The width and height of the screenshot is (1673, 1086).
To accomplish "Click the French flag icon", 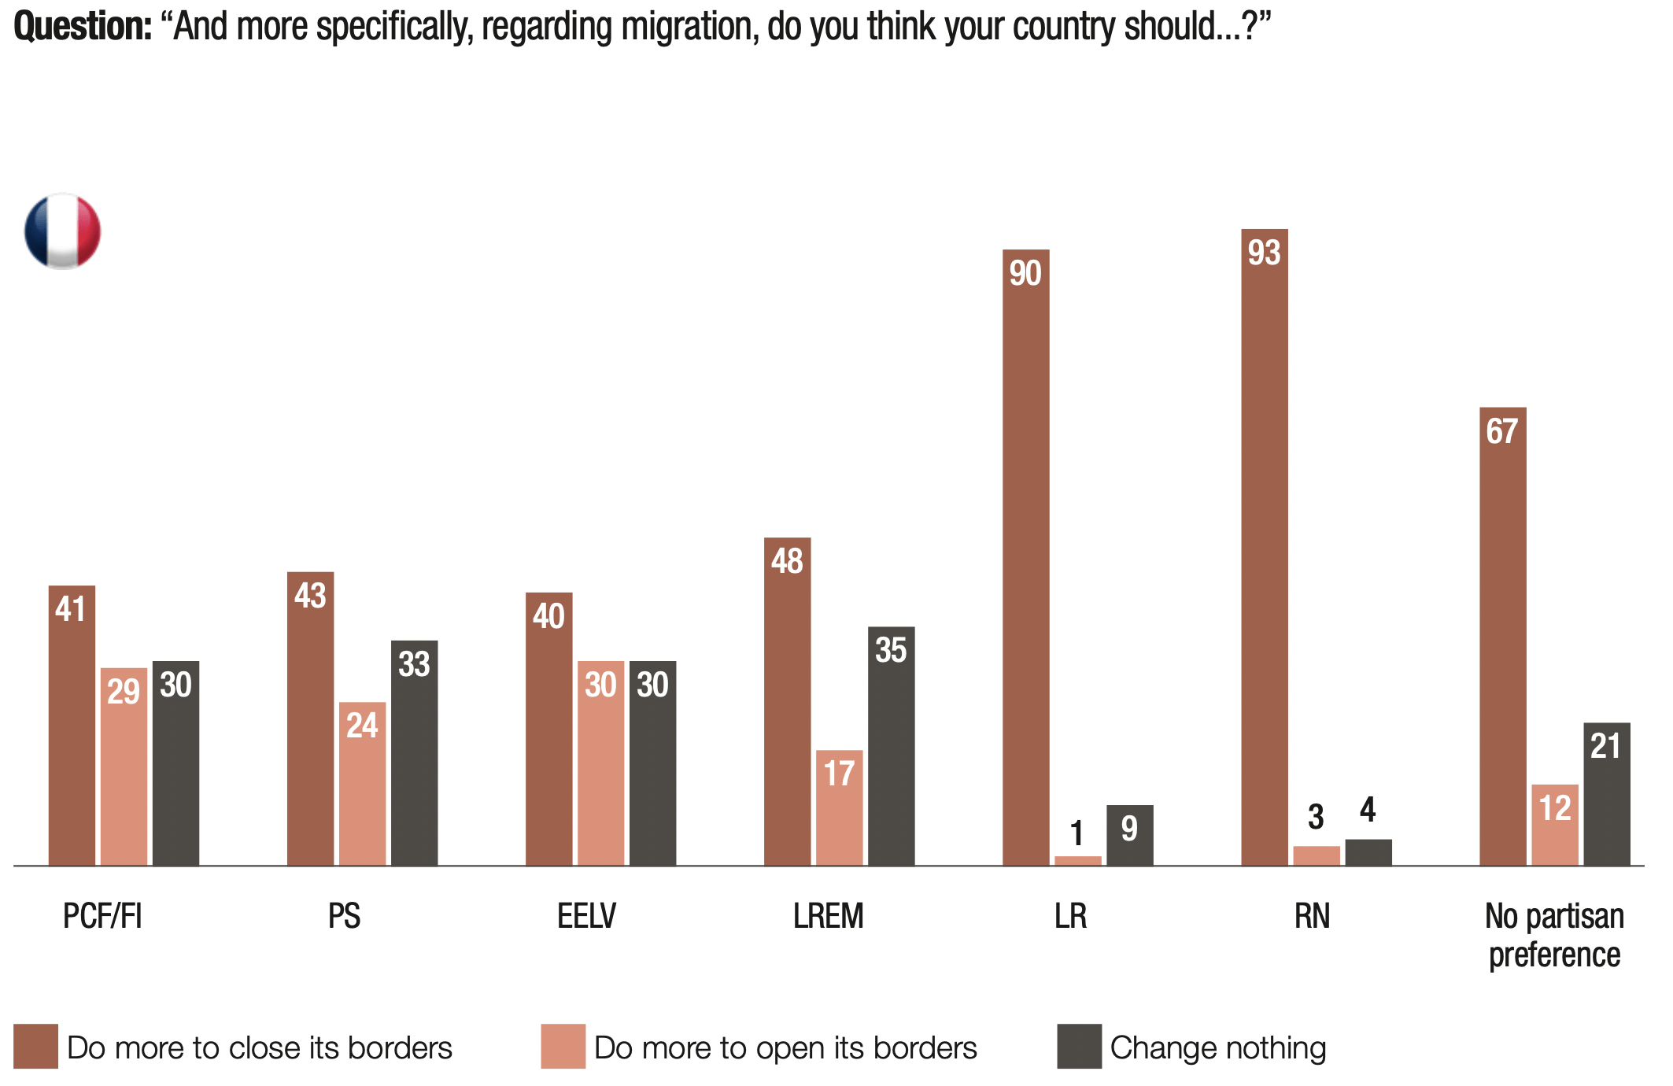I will click(x=63, y=231).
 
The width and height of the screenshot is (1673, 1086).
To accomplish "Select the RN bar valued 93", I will click(x=1264, y=551).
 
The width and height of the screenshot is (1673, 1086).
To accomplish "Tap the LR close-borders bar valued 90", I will click(x=1025, y=559).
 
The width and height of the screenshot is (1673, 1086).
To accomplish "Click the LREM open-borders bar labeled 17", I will click(x=839, y=811).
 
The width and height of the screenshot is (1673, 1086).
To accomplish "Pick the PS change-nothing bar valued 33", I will click(x=414, y=755).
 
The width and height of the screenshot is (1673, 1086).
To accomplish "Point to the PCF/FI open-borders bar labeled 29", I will click(x=124, y=767).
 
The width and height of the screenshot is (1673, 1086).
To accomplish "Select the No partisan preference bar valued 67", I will click(x=1502, y=637).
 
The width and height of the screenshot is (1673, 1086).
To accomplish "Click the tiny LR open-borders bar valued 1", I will click(x=1077, y=861).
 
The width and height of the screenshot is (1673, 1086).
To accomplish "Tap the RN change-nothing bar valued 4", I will click(x=1368, y=853).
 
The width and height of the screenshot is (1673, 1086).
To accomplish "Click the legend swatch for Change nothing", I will click(x=1079, y=1047).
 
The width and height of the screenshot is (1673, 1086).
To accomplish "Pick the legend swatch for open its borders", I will click(x=563, y=1047).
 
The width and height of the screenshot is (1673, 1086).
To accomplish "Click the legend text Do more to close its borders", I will click(x=260, y=1048).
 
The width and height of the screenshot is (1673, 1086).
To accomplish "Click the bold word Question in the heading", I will click(x=83, y=27).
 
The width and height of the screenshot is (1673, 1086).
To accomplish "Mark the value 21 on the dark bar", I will click(x=1605, y=746).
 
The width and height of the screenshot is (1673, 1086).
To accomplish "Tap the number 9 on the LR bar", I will click(x=1129, y=829).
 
